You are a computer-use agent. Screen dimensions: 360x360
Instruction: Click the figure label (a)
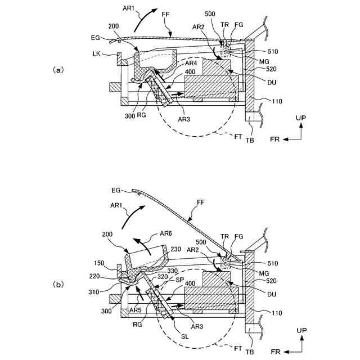pyautogui.click(x=58, y=70)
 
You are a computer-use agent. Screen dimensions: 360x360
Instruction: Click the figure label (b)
pyautogui.click(x=58, y=285)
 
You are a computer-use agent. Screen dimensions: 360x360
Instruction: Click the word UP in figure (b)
pyautogui.click(x=301, y=330)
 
